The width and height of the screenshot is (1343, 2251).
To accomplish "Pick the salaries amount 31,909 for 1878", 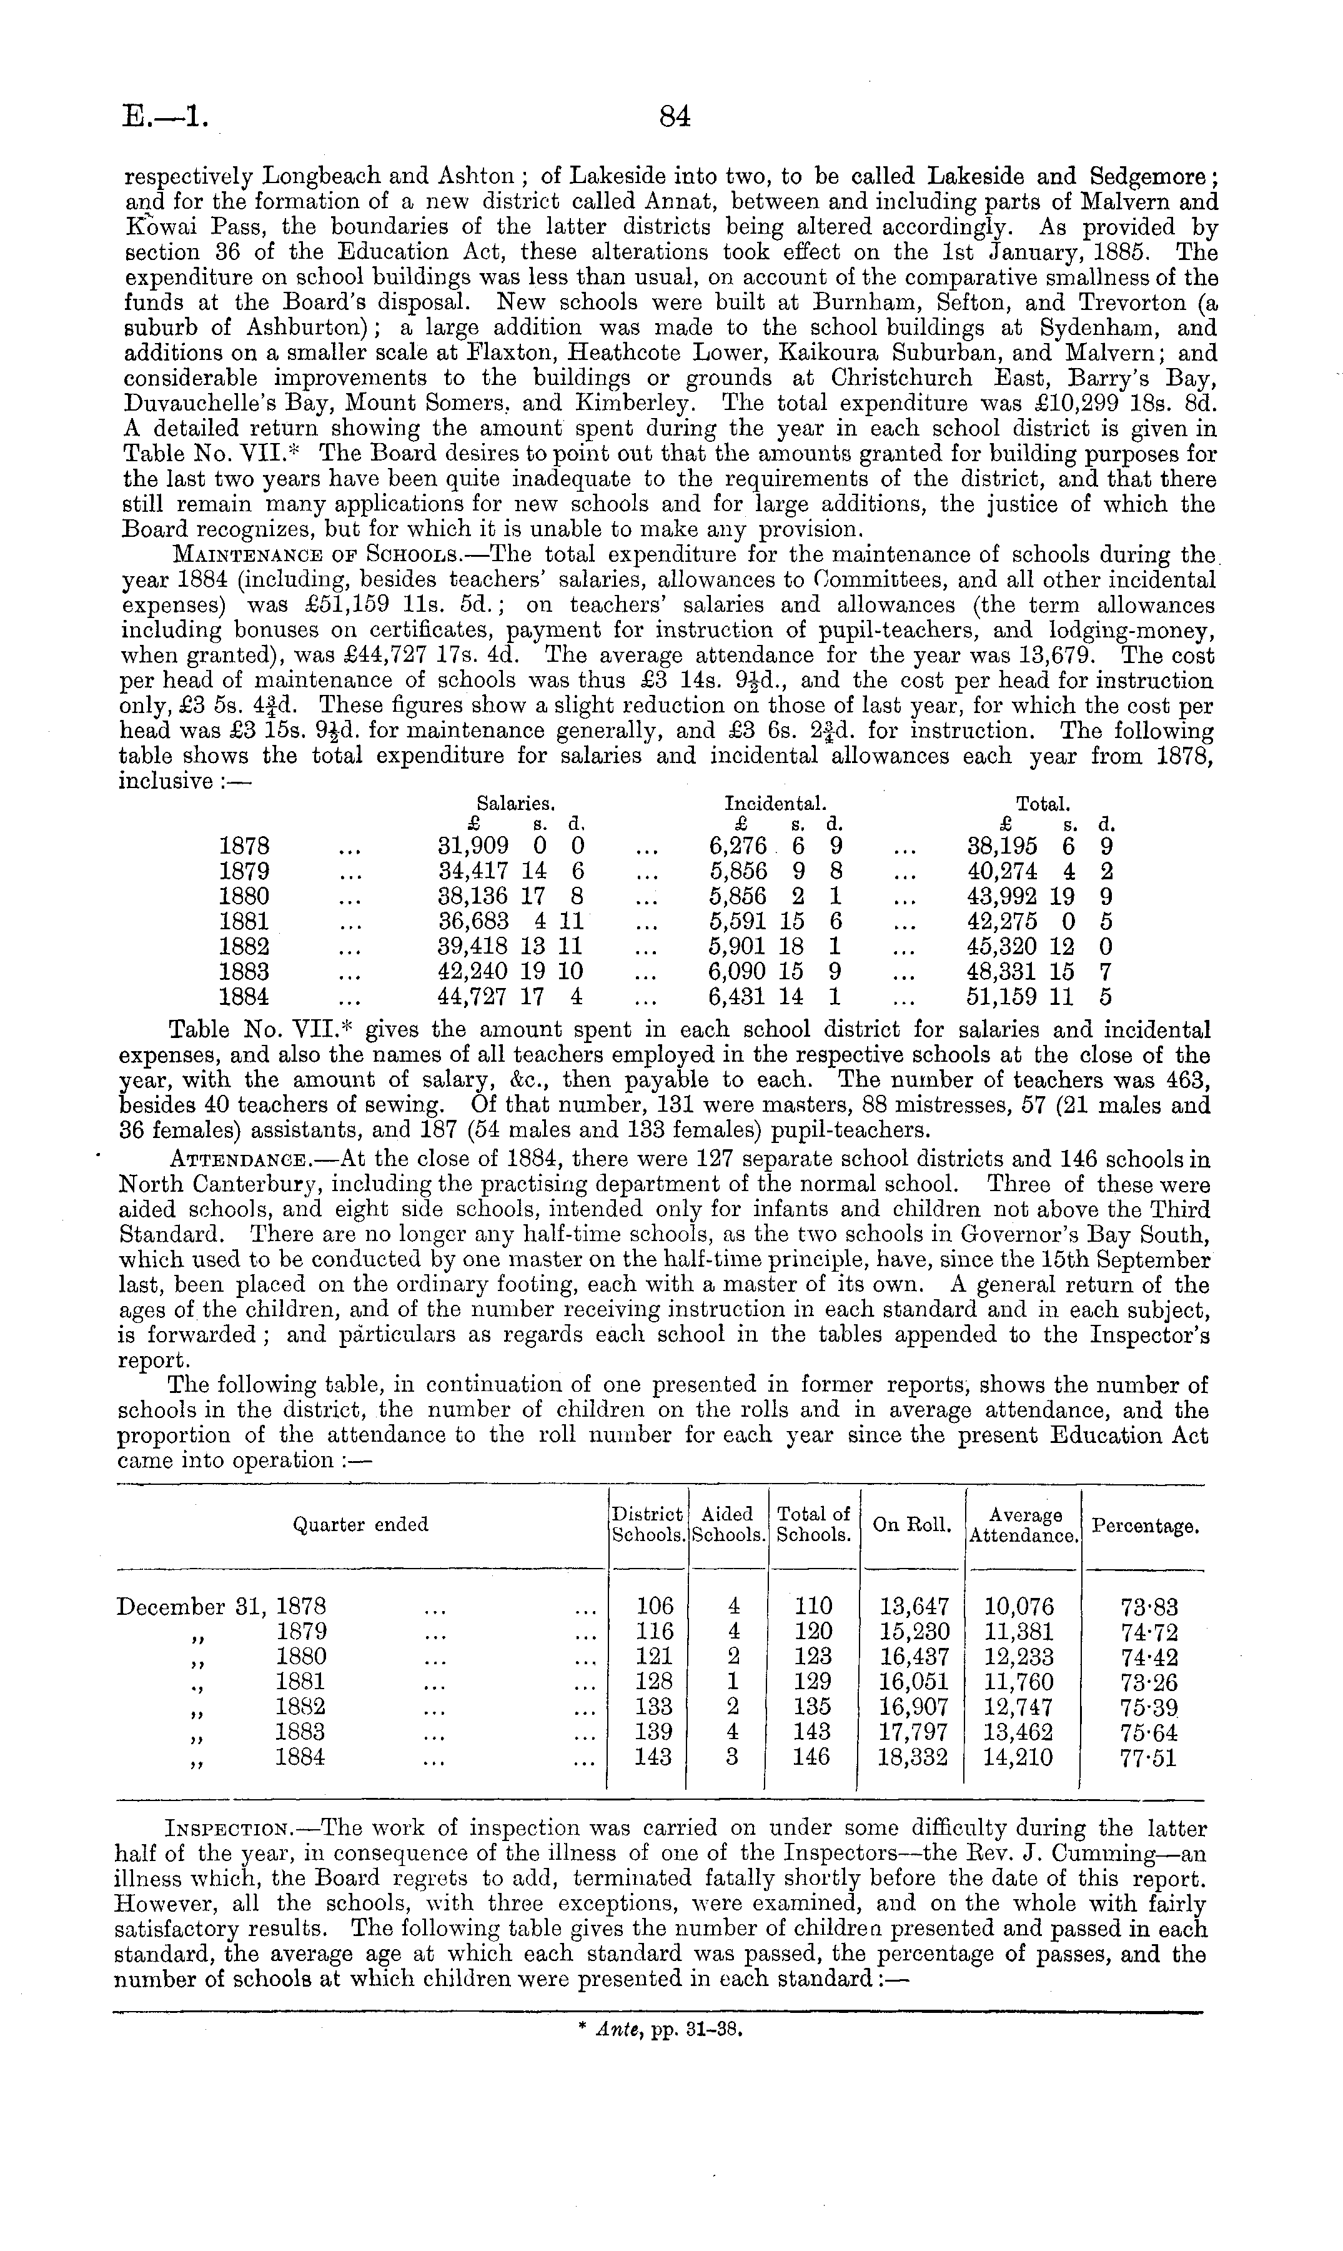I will pos(472,846).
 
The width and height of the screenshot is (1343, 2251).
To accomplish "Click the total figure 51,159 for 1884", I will pos(1003,997).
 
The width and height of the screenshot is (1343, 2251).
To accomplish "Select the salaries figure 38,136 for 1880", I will pos(472,897).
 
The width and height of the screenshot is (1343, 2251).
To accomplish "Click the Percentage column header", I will pos(1145,1526).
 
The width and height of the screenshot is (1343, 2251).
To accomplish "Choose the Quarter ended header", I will pos(360,1525).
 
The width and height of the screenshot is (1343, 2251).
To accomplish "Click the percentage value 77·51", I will pos(1149,1758).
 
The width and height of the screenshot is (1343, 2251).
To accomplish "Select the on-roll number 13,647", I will pos(914,1607).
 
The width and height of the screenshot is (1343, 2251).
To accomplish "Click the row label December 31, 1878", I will pos(222,1607).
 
